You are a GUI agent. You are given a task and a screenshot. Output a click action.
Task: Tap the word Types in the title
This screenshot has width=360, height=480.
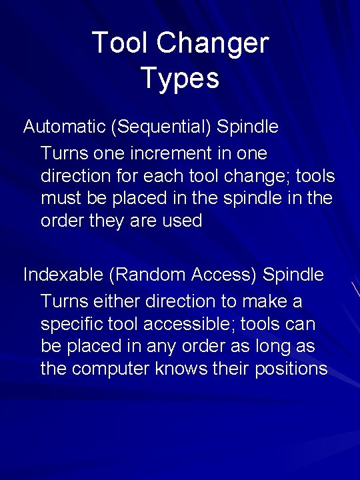tap(180, 78)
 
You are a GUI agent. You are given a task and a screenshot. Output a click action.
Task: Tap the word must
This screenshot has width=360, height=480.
tap(61, 199)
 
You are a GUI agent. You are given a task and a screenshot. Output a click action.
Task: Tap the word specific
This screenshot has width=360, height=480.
tap(75, 325)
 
